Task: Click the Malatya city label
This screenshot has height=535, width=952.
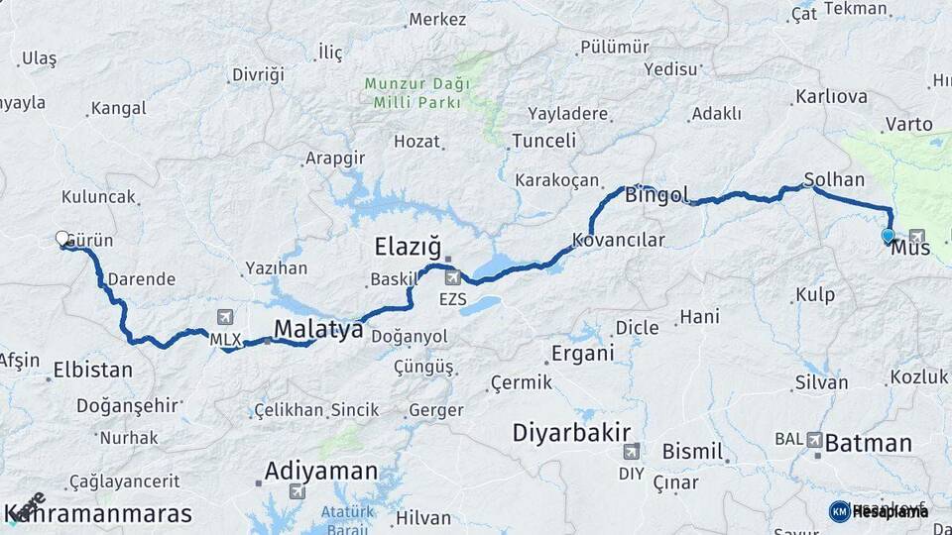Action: coord(317,330)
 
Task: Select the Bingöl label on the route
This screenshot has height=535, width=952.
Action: coord(656,195)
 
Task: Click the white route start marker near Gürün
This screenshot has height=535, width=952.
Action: coord(62,239)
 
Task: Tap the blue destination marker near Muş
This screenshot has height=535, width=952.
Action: coord(888,236)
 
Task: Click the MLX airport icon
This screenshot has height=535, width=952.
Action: coord(224,318)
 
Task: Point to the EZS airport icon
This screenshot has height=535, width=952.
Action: coord(452,277)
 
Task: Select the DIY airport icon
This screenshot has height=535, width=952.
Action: coord(631,452)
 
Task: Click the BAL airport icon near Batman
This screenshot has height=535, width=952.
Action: coord(815,439)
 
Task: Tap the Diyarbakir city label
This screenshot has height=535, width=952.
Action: coord(572,433)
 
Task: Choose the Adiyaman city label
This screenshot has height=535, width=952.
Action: coord(320,471)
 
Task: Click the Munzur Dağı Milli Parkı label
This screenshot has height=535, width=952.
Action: coord(416,93)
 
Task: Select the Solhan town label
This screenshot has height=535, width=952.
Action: coord(834,180)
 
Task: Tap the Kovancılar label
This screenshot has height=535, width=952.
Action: coord(619,241)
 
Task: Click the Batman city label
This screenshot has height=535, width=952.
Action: coord(868,443)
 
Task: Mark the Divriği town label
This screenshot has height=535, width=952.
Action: coord(257,74)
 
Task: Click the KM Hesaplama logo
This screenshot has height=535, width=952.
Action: coord(879,511)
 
